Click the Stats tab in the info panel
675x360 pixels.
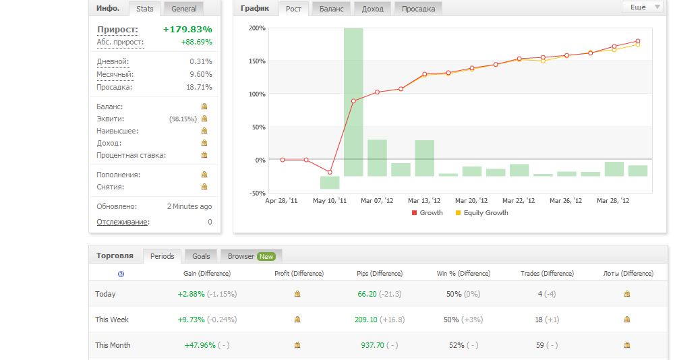[x=146, y=9]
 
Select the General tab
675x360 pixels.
[x=184, y=9]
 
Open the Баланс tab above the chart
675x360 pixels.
[x=331, y=9]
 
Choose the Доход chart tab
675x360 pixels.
[x=372, y=9]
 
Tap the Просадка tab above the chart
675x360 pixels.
[x=418, y=9]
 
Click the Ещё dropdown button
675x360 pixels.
[x=642, y=7]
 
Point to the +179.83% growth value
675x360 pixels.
[x=187, y=29]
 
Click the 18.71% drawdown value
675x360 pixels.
[x=200, y=87]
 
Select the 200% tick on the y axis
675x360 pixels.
[x=257, y=28]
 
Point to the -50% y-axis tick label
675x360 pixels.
[x=257, y=193]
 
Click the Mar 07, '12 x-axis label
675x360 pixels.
[x=376, y=200]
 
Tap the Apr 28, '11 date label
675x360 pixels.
[x=281, y=200]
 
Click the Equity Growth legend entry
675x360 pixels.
[x=486, y=212]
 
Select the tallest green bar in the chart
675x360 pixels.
[x=353, y=101]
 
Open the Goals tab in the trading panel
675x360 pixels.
[x=201, y=256]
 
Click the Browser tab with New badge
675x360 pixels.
[x=251, y=256]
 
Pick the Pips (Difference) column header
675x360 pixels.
[x=380, y=274]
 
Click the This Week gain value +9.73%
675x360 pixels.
[x=191, y=320]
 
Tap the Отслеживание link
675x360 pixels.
[x=122, y=222]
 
